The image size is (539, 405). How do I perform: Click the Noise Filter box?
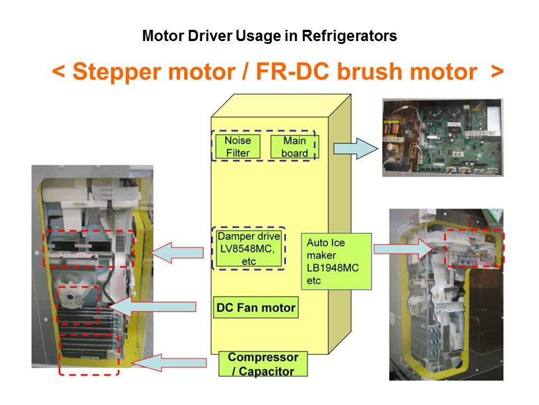[x=237, y=146]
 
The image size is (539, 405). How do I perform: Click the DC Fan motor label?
[x=255, y=308]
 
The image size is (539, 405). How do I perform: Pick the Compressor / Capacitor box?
[x=263, y=364]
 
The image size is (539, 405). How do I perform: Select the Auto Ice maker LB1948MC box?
[x=336, y=262]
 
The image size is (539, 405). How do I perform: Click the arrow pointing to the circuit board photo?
[x=355, y=148]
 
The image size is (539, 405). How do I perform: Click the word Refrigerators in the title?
[x=349, y=37]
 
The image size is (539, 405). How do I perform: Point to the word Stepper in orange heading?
[x=116, y=72]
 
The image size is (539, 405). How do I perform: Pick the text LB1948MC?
[x=333, y=268]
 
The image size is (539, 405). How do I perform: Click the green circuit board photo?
[x=442, y=137]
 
